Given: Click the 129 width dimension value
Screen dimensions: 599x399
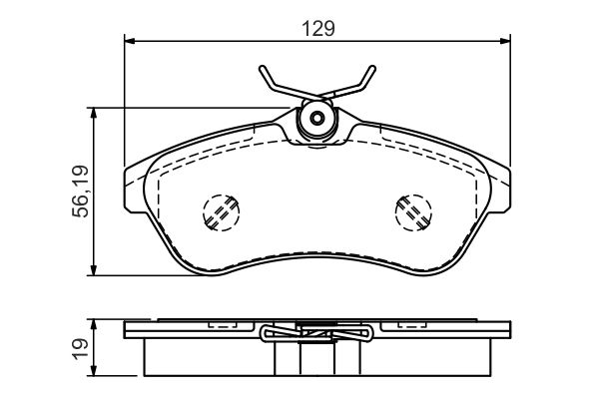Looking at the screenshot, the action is pyautogui.click(x=318, y=29).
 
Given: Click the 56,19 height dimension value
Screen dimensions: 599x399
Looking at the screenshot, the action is pyautogui.click(x=80, y=192).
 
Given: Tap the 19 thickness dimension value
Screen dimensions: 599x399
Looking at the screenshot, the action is pyautogui.click(x=80, y=348).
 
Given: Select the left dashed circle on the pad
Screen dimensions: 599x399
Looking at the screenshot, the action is pyautogui.click(x=222, y=212).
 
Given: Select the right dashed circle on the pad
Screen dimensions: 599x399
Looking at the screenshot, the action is pyautogui.click(x=413, y=212).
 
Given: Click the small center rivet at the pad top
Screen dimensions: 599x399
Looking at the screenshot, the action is pyautogui.click(x=317, y=118).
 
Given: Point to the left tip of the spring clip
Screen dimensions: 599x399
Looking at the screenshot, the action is pyautogui.click(x=262, y=68).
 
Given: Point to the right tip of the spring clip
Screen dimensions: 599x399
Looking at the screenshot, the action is pyautogui.click(x=372, y=68).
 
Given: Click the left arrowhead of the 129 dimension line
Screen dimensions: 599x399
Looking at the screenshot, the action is pyautogui.click(x=130, y=41).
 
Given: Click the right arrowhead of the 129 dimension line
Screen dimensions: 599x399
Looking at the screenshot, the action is pyautogui.click(x=505, y=41).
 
